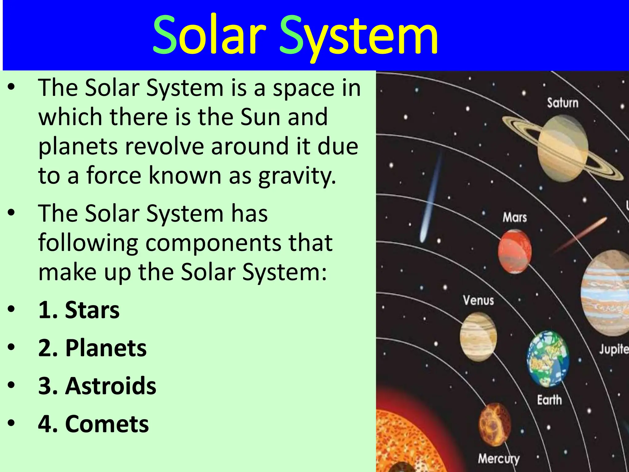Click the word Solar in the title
209,34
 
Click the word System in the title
358,35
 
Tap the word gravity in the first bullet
297,176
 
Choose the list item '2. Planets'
92,348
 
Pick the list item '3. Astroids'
97,386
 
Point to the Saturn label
563,103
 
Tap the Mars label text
515,218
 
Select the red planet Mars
515,251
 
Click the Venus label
479,300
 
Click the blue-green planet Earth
548,359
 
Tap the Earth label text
549,400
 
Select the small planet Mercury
495,424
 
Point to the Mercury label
498,459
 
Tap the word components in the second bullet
213,243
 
